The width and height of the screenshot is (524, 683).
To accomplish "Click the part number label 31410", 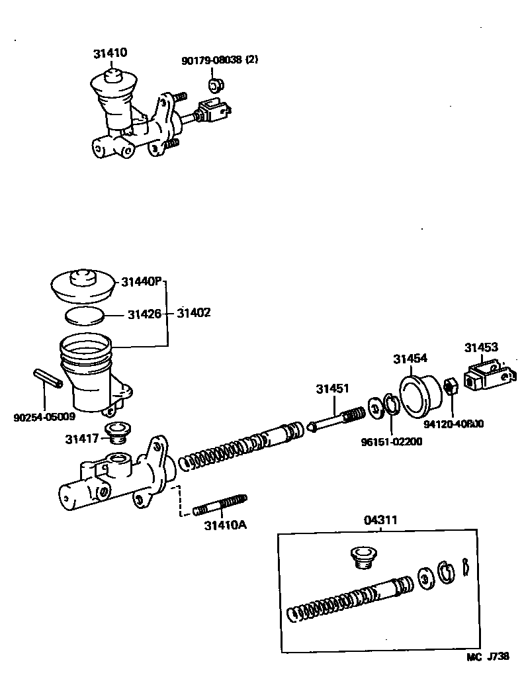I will pyautogui.click(x=110, y=53).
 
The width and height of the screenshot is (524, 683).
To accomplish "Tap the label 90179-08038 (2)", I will pyautogui.click(x=220, y=60).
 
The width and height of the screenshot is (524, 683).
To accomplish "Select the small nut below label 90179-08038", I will pyautogui.click(x=215, y=85).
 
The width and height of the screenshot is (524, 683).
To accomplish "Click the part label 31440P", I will pyautogui.click(x=141, y=282).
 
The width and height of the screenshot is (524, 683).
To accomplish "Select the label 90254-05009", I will pyautogui.click(x=44, y=417).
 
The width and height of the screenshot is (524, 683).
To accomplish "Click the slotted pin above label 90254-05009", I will pyautogui.click(x=48, y=379).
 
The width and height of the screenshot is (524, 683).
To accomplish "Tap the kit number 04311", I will pyautogui.click(x=381, y=520).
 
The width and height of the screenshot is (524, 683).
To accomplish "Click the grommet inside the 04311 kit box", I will pyautogui.click(x=361, y=557).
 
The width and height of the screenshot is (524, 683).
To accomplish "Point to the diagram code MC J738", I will pyautogui.click(x=488, y=657).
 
